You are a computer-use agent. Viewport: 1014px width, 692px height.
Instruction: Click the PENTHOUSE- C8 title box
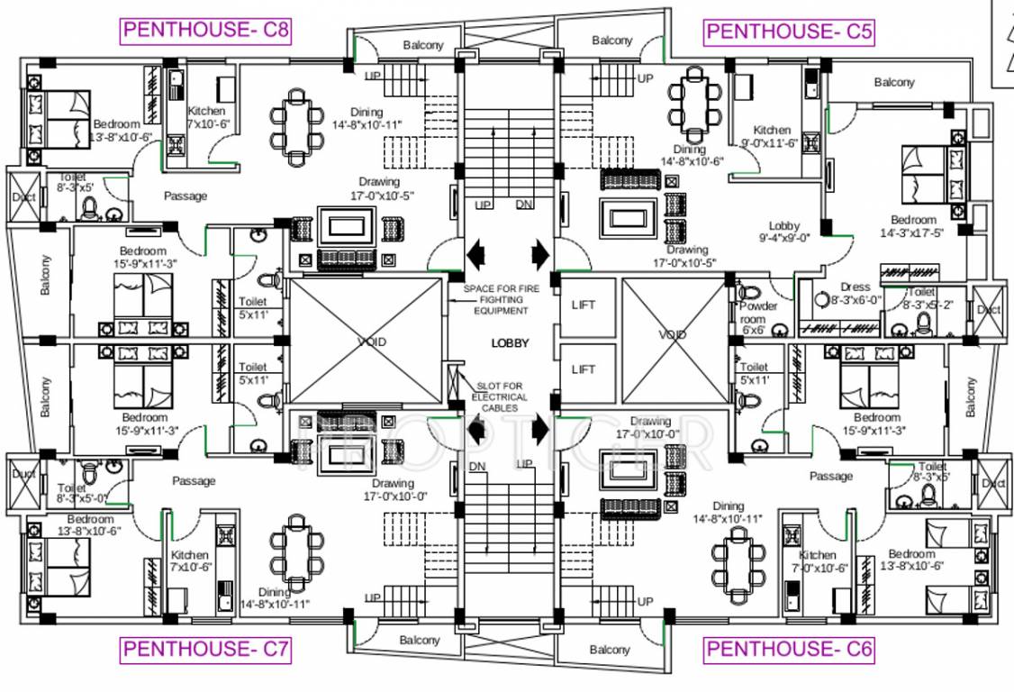point(206,31)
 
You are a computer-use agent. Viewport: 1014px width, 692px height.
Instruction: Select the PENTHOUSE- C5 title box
point(790,32)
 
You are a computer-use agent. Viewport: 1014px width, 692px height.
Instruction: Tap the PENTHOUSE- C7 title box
point(206,648)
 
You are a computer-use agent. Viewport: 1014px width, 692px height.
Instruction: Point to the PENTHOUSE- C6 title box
point(789,648)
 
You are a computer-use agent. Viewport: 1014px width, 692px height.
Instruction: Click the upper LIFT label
point(584,305)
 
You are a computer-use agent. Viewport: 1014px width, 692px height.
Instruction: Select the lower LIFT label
point(584,369)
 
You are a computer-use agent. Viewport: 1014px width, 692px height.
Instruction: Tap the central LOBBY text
point(510,343)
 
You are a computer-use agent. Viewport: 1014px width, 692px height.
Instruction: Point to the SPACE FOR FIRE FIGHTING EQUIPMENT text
point(496,299)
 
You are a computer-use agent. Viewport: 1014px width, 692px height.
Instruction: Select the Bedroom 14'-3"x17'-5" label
point(913,226)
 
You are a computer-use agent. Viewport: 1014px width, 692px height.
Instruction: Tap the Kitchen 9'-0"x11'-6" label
point(772,137)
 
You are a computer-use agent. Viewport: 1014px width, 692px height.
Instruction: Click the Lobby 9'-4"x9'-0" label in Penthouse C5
point(783,232)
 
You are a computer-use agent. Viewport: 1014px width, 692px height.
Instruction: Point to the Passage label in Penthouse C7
point(194,481)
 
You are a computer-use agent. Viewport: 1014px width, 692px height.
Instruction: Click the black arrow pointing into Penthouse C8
point(475,253)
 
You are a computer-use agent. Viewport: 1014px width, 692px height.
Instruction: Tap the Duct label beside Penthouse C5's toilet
point(989,310)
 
